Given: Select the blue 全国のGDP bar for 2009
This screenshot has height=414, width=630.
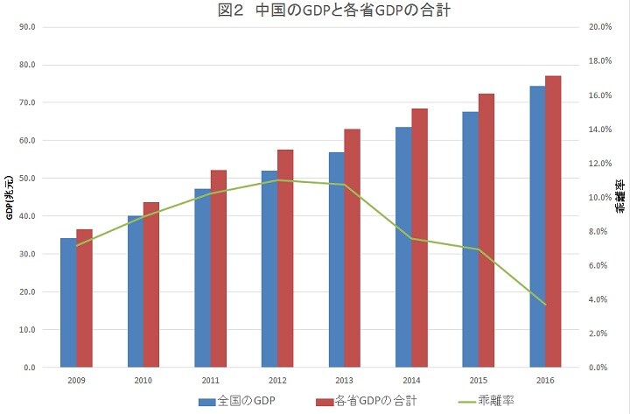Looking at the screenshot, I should coord(68,303).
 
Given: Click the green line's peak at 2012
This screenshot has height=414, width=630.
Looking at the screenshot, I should coord(277,180).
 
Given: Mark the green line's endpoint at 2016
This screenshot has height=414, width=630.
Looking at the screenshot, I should coord(545,305).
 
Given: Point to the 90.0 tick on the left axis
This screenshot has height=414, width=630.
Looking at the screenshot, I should coord(27,27).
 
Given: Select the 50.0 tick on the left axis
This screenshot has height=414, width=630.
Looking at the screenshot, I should coord(27,179).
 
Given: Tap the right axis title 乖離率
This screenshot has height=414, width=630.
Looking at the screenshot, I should coord(620,198).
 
